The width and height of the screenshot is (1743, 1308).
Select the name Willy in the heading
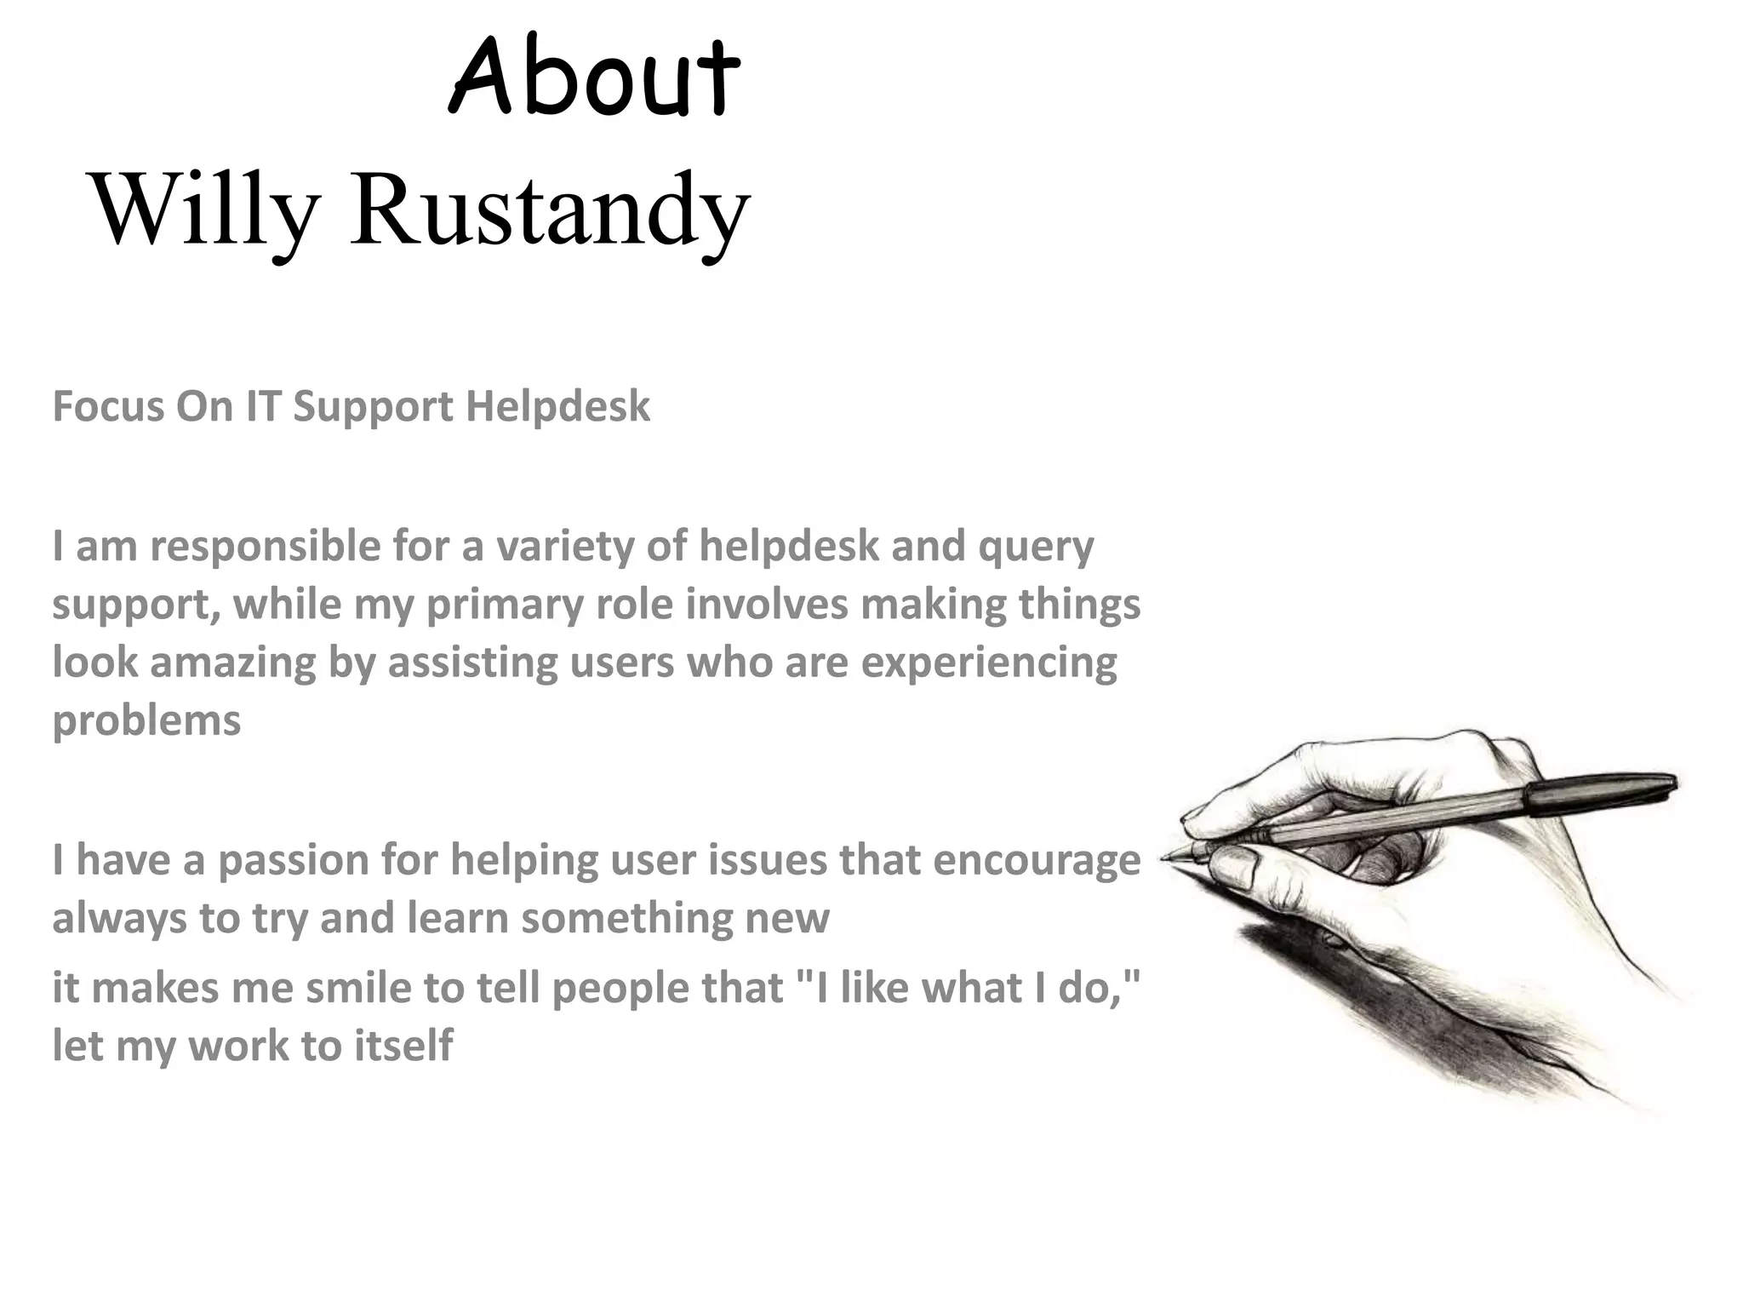point(205,209)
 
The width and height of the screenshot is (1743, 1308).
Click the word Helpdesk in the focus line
point(557,406)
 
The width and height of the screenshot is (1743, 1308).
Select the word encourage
point(1036,861)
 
